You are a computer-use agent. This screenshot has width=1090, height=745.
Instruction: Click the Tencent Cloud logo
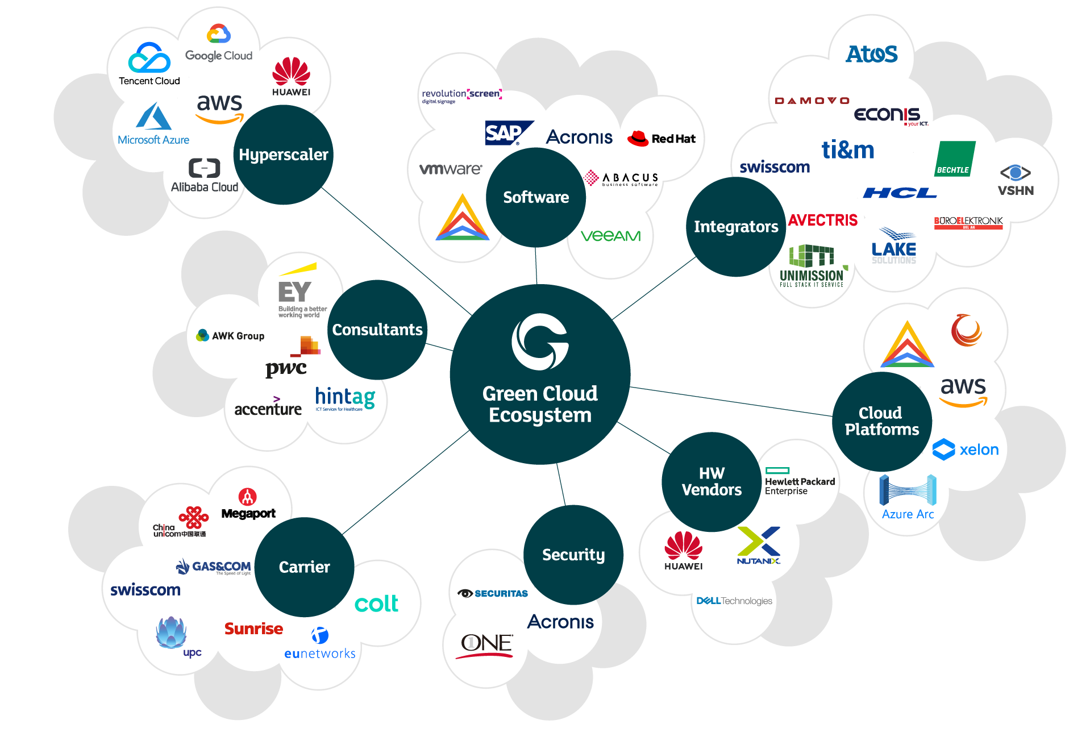coord(149,64)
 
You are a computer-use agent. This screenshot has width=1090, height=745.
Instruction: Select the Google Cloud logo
coord(219,43)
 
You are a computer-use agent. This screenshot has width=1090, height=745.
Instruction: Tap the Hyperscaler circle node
coord(283,155)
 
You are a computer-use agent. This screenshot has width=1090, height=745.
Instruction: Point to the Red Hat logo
coord(662,138)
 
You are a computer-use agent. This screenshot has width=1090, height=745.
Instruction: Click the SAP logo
coord(507,133)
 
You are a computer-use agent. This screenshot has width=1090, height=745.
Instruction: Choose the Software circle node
coord(536,197)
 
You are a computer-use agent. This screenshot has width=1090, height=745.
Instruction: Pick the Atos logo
coord(871,54)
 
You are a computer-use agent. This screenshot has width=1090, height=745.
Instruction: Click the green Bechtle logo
coord(955,159)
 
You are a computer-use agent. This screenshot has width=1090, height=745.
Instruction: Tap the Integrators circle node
coord(736,227)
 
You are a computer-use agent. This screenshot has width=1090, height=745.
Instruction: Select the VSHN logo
coord(1016,180)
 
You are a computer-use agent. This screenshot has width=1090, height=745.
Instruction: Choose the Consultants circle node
coord(377,330)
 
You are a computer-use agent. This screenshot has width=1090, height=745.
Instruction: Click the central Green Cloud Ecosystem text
coord(540,404)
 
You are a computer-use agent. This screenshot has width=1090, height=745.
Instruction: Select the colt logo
coord(376,604)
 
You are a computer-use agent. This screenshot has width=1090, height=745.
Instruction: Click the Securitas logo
coord(493,593)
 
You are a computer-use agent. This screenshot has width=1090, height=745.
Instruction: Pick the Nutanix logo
coord(759,546)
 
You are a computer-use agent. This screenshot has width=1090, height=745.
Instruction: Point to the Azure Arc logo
coord(908,498)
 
